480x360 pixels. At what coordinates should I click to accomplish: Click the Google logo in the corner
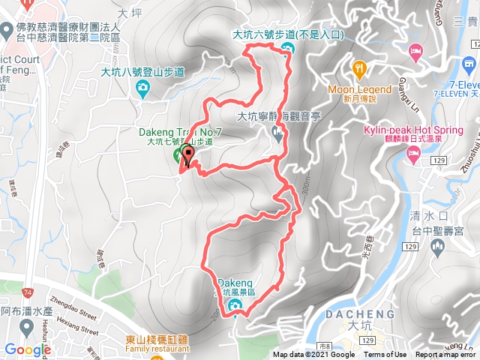point(27,349)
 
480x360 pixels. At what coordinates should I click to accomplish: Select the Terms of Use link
point(385,355)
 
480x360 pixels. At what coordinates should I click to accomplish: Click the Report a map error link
point(445,355)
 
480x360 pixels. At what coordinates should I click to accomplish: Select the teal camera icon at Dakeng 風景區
point(234,304)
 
